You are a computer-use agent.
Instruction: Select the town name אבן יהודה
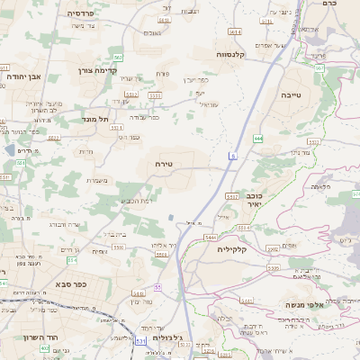[25, 76]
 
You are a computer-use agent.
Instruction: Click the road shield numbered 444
[258, 139]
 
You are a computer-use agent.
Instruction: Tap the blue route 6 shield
[231, 156]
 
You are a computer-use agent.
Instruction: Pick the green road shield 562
[118, 55]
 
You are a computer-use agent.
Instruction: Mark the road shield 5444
[211, 237]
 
